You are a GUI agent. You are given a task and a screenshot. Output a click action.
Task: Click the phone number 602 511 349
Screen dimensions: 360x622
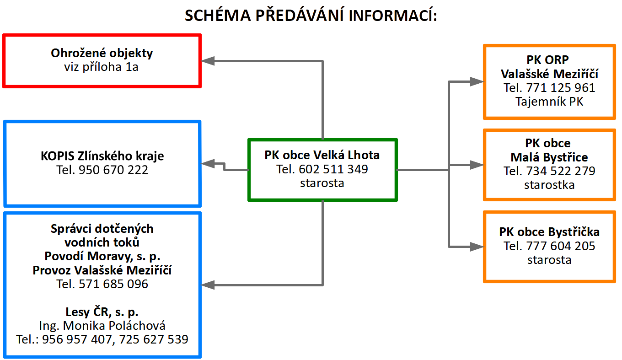[x=333, y=169]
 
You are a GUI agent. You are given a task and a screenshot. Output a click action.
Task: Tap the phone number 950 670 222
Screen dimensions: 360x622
[x=113, y=170]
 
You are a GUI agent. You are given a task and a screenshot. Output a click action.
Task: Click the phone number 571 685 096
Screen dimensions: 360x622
[x=113, y=284]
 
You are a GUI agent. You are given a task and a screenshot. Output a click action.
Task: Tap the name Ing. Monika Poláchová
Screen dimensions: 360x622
[x=102, y=326]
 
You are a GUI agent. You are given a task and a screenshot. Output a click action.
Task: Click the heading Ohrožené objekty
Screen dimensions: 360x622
[x=102, y=53]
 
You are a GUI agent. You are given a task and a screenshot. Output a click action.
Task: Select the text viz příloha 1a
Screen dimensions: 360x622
[x=102, y=67]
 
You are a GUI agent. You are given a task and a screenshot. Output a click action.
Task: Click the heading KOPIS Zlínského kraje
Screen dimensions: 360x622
[x=102, y=156]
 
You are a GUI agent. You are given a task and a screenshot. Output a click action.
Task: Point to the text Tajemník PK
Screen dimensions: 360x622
[x=549, y=102]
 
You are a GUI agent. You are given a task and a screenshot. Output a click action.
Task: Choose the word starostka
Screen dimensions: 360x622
[x=549, y=185]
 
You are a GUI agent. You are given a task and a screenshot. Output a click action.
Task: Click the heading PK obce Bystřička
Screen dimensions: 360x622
[x=549, y=232]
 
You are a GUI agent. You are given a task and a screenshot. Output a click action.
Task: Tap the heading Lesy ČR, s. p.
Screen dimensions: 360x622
[x=102, y=312]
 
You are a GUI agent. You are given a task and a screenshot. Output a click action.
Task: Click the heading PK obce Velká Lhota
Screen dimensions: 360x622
[x=322, y=155]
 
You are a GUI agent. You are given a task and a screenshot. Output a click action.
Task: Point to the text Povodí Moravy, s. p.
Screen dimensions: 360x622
[x=102, y=256]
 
